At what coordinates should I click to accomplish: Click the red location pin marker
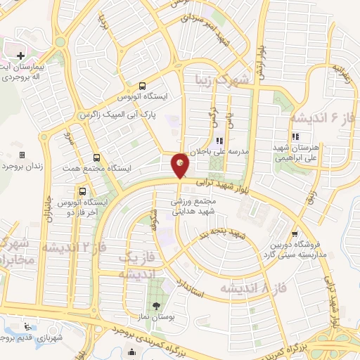point(180,165)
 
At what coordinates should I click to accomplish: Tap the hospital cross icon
point(20,55)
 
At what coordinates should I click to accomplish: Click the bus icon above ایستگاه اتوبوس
point(143,82)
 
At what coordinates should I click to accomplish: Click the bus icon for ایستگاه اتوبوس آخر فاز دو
point(83,191)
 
